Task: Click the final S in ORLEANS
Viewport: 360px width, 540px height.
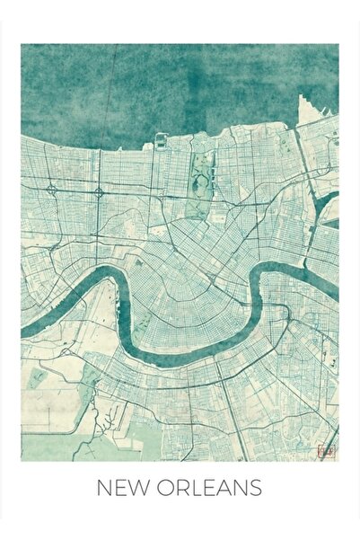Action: click(x=255, y=489)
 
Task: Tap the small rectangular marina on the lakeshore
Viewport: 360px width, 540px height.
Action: click(x=161, y=140)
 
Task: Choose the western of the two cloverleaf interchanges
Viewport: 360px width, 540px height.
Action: click(x=52, y=190)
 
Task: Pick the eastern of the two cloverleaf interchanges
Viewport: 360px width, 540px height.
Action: click(x=99, y=190)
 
